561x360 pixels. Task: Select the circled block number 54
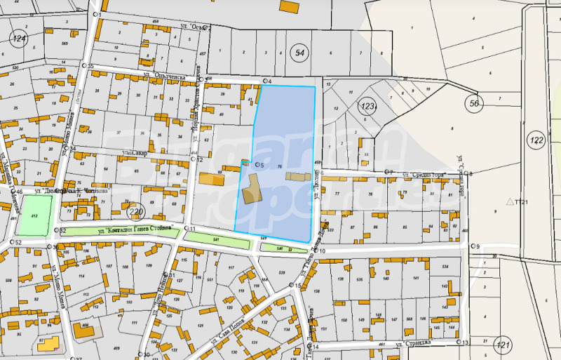(x=300, y=53)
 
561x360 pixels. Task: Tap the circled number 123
(x=368, y=106)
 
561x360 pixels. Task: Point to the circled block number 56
(x=475, y=103)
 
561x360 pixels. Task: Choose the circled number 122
(x=536, y=141)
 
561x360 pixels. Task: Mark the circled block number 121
(x=502, y=345)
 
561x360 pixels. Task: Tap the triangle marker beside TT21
(x=510, y=201)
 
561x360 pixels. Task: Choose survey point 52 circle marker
(x=12, y=242)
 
